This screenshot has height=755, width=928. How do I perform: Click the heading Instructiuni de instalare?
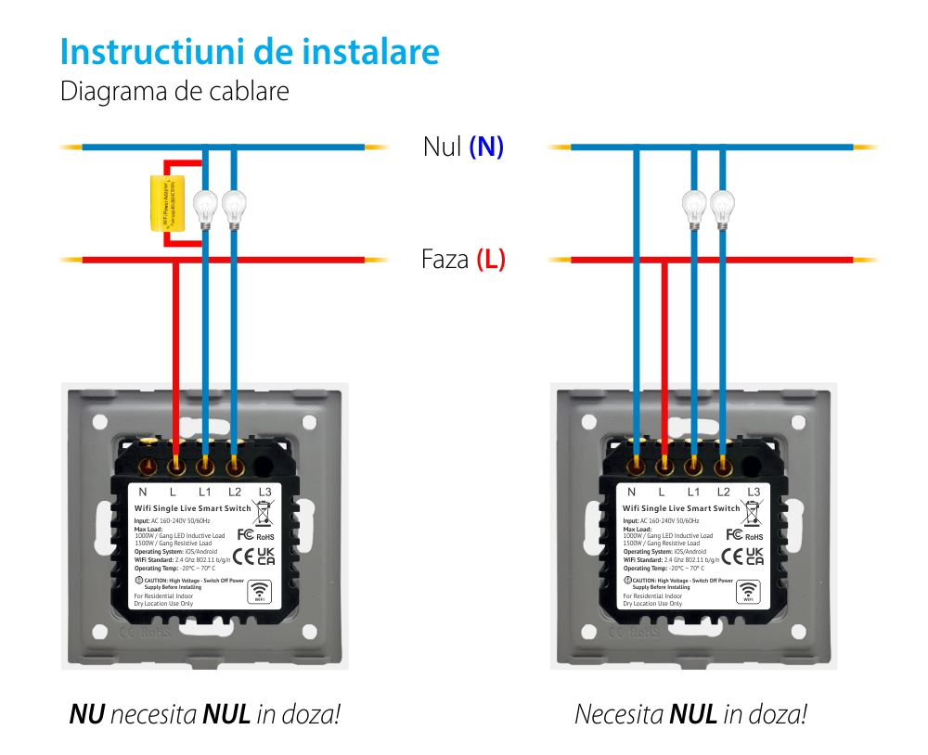(x=250, y=52)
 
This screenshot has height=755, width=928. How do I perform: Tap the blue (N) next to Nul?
(x=486, y=147)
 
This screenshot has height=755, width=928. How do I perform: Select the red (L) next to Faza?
(x=491, y=260)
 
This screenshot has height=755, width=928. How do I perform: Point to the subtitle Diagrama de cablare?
(x=174, y=92)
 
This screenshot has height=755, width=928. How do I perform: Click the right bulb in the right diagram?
(x=721, y=206)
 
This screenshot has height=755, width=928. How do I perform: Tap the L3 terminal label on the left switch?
(x=264, y=492)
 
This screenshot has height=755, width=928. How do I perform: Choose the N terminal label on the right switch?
(x=632, y=492)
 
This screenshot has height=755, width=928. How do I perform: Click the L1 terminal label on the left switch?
(x=205, y=492)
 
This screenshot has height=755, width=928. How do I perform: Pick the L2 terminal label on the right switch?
(x=723, y=492)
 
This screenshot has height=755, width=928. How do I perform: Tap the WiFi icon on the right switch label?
(x=748, y=591)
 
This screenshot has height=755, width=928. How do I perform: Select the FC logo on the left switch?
(x=246, y=534)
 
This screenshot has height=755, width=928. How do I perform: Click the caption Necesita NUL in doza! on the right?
(x=690, y=714)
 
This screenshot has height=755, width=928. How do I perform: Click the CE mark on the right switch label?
(x=729, y=556)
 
